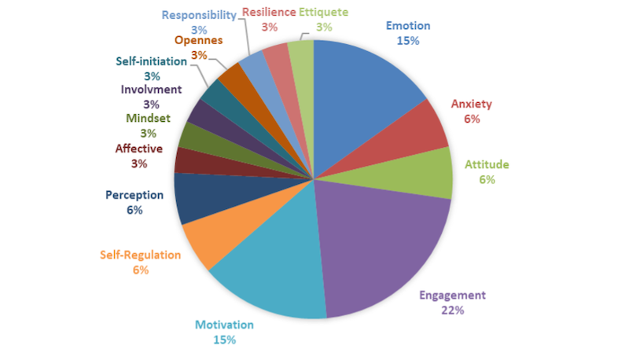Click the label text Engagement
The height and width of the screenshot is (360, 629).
pos(452,296)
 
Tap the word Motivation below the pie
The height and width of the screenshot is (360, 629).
pos(224,325)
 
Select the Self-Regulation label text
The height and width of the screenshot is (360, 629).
pos(141,255)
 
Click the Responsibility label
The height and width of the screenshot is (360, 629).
pos(199,15)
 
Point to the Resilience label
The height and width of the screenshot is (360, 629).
pos(269,12)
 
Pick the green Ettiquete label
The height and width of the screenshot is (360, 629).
pos(324,12)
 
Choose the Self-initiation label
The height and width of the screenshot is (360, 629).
pos(152,61)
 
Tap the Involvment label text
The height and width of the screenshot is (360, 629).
pos(152,89)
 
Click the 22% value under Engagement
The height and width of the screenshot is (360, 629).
pos(453,310)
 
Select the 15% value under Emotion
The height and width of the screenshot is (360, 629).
pos(408,41)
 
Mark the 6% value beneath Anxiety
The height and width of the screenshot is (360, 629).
pos(472,119)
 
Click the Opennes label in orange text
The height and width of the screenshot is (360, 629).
pos(198,39)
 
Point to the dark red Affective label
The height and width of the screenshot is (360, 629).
pos(138,148)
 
